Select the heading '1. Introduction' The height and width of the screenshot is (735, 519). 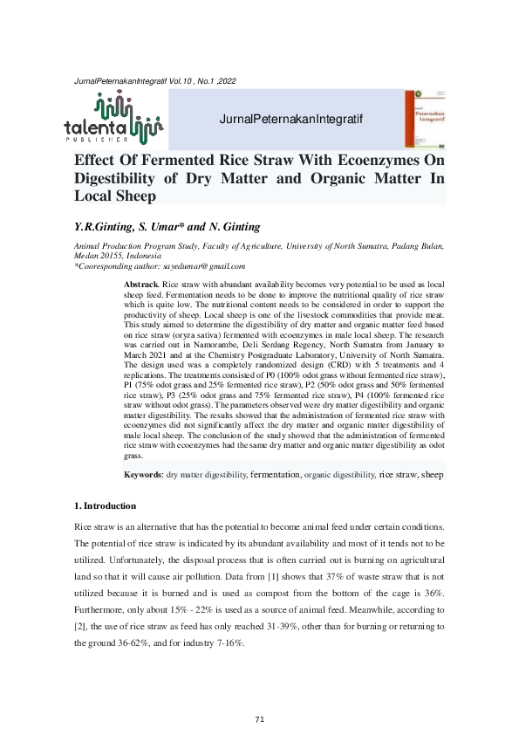pyautogui.click(x=105, y=505)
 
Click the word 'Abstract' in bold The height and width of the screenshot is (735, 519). pyautogui.click(x=141, y=285)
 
